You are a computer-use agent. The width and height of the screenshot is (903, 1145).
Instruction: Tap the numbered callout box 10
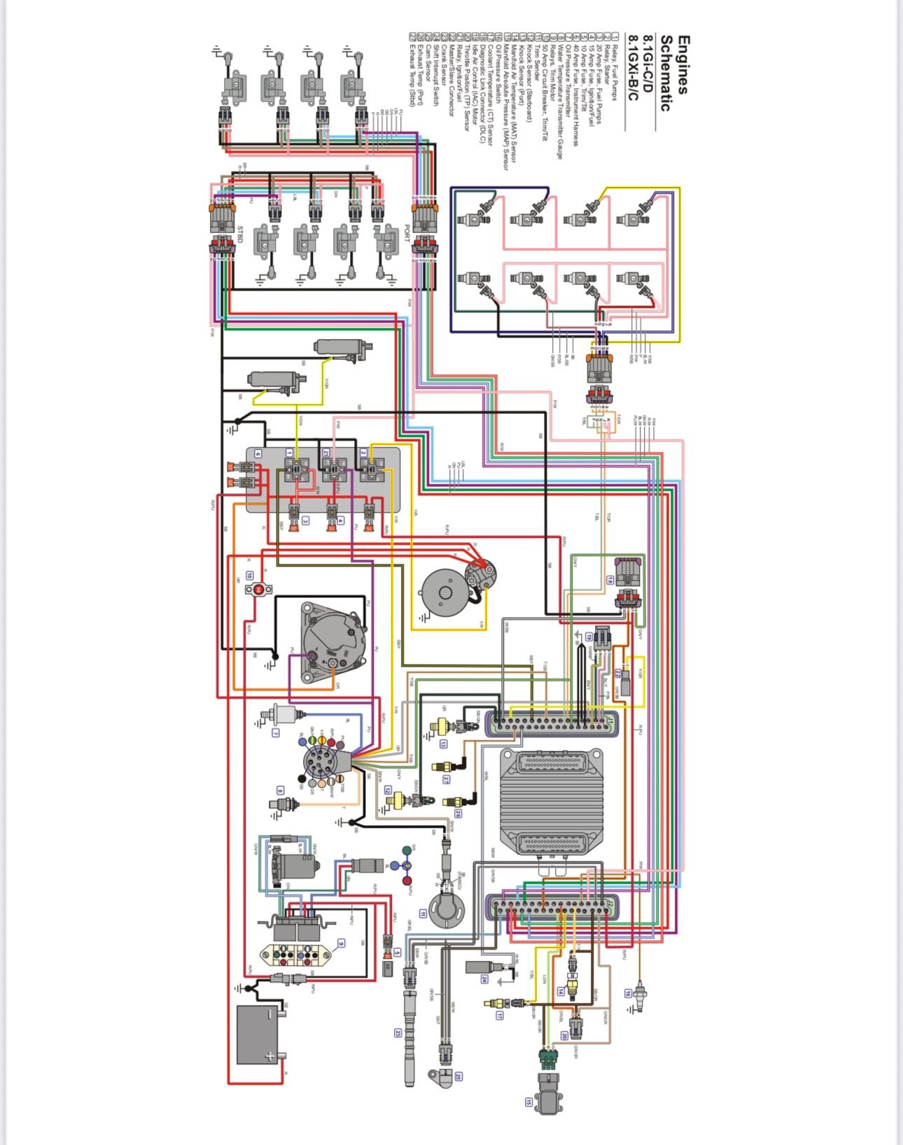tap(250, 576)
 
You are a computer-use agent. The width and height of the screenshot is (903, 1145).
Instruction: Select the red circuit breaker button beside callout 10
tap(258, 590)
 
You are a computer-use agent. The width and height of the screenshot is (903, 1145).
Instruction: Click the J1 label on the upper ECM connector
tap(610, 719)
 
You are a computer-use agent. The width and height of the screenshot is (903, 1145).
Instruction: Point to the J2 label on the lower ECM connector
tap(610, 904)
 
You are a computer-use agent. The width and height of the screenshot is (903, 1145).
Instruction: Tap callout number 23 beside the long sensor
tap(398, 1032)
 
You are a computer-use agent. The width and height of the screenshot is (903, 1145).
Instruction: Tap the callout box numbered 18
tap(610, 580)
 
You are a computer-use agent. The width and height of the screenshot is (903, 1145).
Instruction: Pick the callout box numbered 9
tap(341, 943)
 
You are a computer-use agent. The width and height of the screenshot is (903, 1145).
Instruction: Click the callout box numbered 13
tap(444, 744)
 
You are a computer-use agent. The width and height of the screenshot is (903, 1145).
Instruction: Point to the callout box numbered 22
tap(619, 673)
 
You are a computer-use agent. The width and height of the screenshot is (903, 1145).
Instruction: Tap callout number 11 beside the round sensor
tap(423, 913)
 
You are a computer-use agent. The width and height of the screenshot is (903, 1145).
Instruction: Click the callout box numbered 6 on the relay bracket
tap(258, 454)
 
